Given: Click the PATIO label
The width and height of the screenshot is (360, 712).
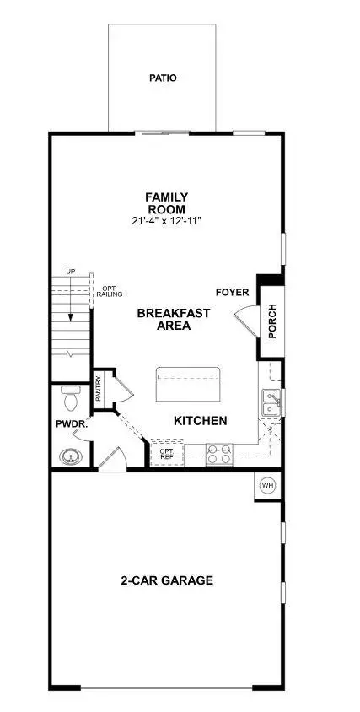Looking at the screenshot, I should pyautogui.click(x=164, y=78).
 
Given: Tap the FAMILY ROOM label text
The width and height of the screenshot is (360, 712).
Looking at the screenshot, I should pyautogui.click(x=166, y=203).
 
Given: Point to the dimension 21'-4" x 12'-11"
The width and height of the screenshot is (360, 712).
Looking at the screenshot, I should pyautogui.click(x=166, y=221).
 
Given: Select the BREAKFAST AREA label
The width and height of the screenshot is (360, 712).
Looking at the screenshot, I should pyautogui.click(x=174, y=319).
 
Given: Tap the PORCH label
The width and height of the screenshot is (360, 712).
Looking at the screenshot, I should pyautogui.click(x=272, y=321).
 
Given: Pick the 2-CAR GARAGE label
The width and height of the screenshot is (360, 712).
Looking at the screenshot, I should pyautogui.click(x=166, y=580).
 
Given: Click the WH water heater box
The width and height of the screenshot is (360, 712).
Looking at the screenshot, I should pyautogui.click(x=267, y=485).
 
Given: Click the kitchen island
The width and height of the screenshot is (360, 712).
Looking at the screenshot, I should pyautogui.click(x=188, y=386).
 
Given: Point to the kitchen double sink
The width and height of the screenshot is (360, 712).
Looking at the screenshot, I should pyautogui.click(x=271, y=402).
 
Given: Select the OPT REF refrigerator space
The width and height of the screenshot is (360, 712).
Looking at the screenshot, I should pyautogui.click(x=167, y=454).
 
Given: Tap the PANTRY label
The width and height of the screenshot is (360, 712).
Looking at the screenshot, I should pyautogui.click(x=99, y=390).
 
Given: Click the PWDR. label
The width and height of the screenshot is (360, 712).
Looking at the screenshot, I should pyautogui.click(x=67, y=424).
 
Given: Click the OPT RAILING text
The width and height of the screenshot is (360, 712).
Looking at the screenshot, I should pyautogui.click(x=110, y=293).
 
